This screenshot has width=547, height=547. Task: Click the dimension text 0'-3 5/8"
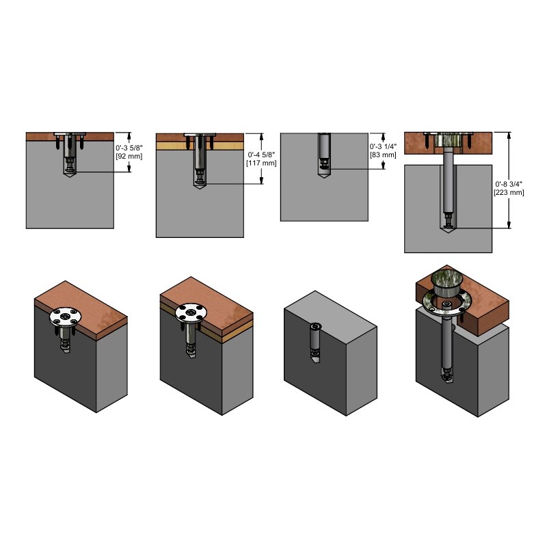[129, 148]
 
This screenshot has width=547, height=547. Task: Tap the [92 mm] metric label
[129, 157]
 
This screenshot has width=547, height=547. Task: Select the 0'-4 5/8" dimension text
[261, 155]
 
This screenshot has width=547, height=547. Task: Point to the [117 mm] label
[261, 163]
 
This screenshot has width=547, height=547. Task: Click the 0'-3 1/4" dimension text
[383, 146]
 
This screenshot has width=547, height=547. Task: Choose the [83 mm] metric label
[383, 155]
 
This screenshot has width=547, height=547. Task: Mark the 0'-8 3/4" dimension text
[509, 184]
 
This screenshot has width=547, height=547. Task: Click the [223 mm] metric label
[509, 193]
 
